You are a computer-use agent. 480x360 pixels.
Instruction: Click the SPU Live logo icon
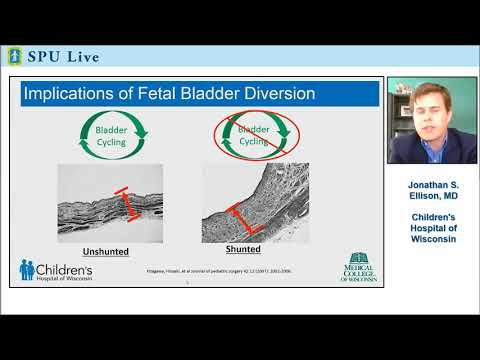coord(14,55)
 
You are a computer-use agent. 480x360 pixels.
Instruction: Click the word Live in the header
coord(81,56)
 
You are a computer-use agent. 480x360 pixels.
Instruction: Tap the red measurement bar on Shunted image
coord(243,217)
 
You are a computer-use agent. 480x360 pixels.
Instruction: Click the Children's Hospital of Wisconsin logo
coord(56,270)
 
